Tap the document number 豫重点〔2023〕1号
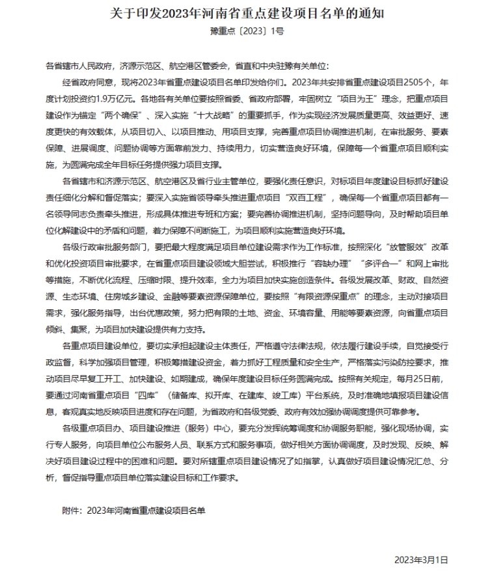(245, 31)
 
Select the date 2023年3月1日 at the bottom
(421, 559)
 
